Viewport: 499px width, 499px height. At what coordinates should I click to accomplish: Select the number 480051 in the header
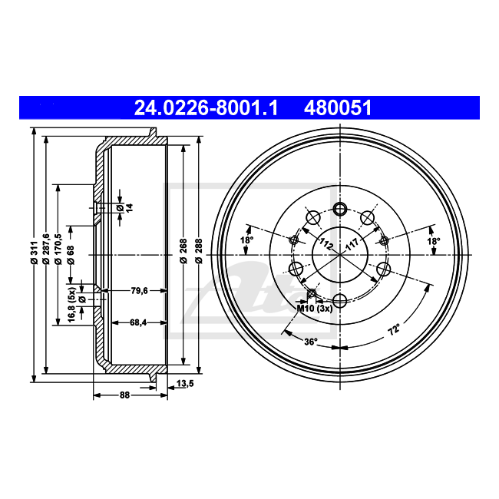(x=338, y=108)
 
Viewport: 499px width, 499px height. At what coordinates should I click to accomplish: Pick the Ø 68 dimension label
(x=71, y=253)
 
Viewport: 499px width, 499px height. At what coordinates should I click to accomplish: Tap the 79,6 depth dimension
(x=138, y=290)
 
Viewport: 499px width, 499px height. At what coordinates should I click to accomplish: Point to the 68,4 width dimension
(x=138, y=322)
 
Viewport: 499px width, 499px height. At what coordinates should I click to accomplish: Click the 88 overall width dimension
(x=124, y=395)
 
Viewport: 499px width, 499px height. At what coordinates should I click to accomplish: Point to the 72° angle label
(x=393, y=332)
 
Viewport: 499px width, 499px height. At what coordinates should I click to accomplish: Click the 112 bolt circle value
(x=325, y=246)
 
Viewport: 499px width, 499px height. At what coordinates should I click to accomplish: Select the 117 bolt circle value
(x=352, y=246)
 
